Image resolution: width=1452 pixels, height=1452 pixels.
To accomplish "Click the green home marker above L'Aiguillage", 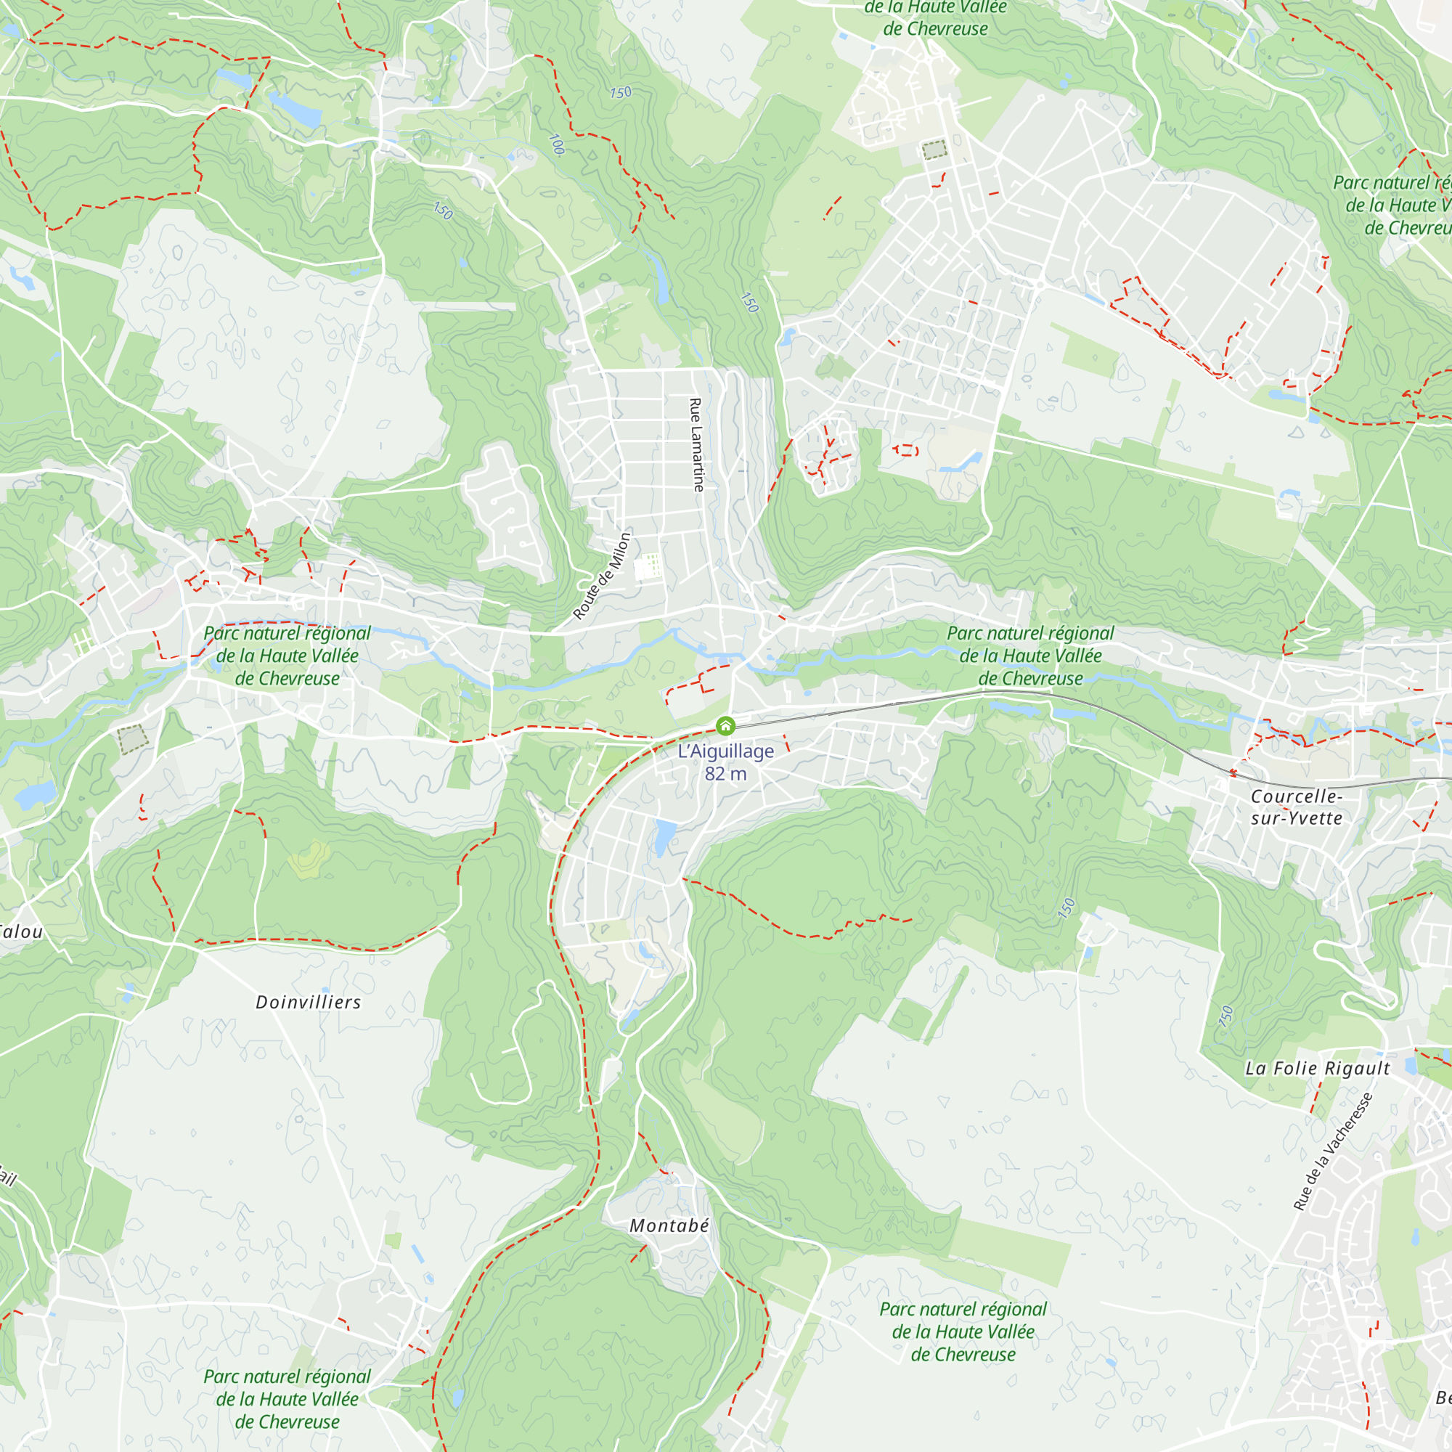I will (x=725, y=726).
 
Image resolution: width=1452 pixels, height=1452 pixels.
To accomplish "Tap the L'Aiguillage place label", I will (x=725, y=751).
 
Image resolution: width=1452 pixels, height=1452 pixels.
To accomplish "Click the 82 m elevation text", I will (x=725, y=773).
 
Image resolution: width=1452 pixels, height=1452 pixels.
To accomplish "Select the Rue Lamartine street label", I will (x=697, y=445).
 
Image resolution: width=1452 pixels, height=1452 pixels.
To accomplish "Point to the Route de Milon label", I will (x=602, y=576).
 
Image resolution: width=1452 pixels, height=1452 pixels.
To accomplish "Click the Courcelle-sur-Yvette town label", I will (x=1297, y=807).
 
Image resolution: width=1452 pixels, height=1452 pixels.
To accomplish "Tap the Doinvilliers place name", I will (x=308, y=1002).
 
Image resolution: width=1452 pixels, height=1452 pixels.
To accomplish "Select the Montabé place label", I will (x=669, y=1225).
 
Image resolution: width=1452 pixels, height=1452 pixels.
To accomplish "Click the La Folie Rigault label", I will (x=1318, y=1068).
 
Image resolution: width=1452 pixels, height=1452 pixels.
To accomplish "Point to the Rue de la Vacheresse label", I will (x=1332, y=1151).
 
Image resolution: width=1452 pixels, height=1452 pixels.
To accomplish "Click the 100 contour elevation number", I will (x=557, y=144).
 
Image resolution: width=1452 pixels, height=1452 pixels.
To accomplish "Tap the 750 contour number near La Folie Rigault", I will (x=1225, y=1016).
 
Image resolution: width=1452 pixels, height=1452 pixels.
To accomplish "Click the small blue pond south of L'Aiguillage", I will (x=664, y=836).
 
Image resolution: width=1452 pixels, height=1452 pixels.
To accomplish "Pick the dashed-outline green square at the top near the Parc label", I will (x=934, y=149).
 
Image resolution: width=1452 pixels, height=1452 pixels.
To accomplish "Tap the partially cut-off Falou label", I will (x=21, y=932).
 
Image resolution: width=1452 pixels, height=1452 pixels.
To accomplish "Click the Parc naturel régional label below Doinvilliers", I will (x=287, y=1399).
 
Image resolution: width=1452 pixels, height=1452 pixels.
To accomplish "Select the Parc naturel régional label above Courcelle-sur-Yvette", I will (x=1030, y=656).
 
